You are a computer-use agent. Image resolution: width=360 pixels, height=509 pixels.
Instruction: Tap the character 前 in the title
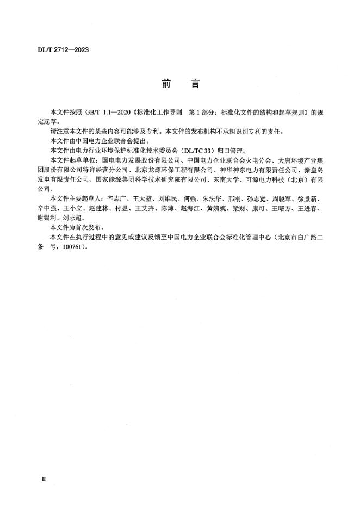(x=166, y=84)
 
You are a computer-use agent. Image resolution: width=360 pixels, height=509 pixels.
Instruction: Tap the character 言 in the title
(x=195, y=84)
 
